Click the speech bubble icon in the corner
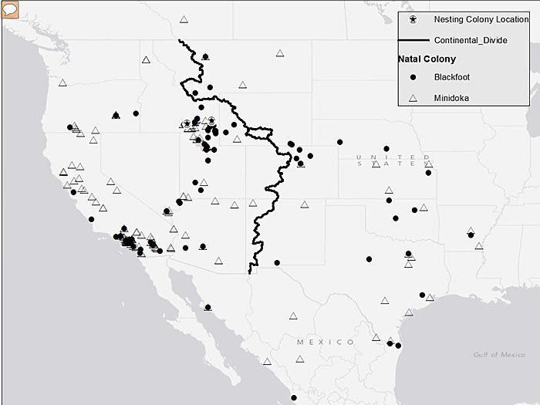[x=10, y=10]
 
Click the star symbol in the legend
[x=413, y=19]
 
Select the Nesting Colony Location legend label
[x=470, y=19]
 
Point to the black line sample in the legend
[x=413, y=39]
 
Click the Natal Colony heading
[x=427, y=59]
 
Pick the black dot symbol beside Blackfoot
[x=413, y=77]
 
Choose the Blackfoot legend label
[x=452, y=77]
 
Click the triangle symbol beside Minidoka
[x=413, y=98]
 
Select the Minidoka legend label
[x=451, y=98]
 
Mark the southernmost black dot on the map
[x=293, y=398]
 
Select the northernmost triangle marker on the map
[x=184, y=20]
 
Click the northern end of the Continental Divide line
[x=180, y=40]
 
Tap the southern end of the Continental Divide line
[x=250, y=272]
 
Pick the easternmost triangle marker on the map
[x=479, y=246]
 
